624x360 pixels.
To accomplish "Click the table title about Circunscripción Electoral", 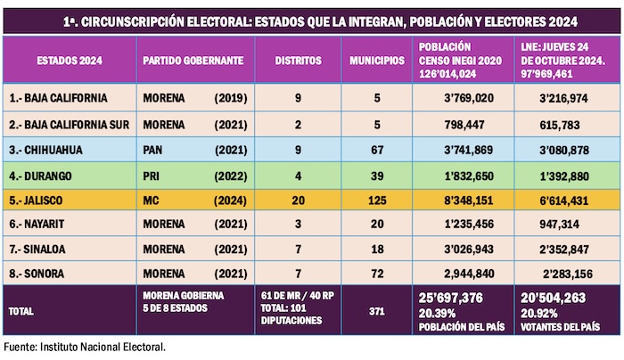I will [x=311, y=20].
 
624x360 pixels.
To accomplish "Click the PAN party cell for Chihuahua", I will [x=153, y=146].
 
